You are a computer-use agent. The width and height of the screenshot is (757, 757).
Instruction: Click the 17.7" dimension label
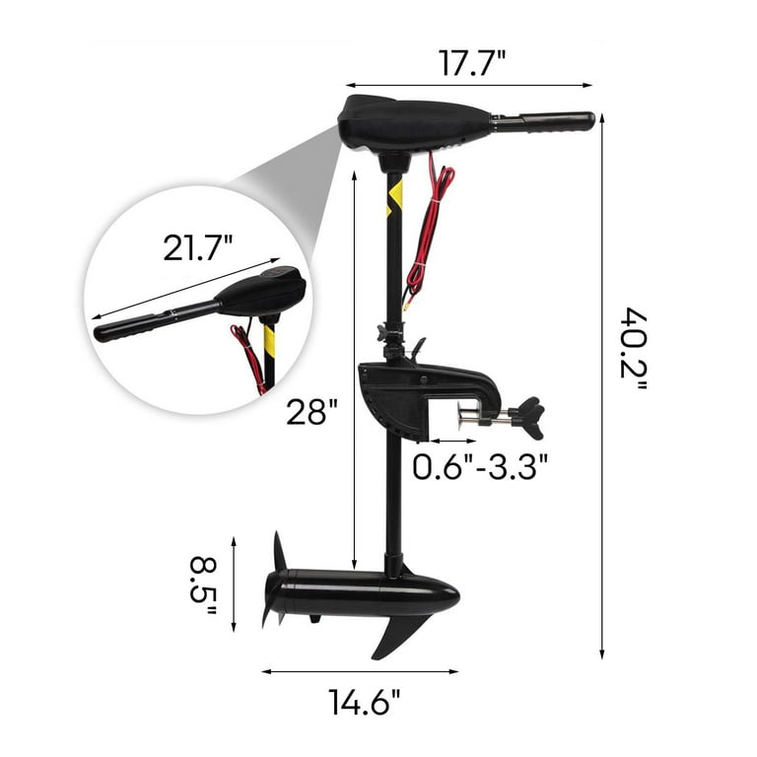[x=472, y=63]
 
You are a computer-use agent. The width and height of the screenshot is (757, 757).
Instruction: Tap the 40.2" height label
[x=634, y=349]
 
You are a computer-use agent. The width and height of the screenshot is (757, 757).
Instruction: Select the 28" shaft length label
[x=311, y=411]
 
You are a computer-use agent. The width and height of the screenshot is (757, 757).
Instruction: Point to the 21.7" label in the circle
[x=198, y=247]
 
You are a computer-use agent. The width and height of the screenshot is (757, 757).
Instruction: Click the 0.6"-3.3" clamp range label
[x=480, y=466]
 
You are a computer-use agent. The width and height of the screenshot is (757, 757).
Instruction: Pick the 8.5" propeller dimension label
[x=203, y=585]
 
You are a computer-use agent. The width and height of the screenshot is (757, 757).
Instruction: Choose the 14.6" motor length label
[x=365, y=702]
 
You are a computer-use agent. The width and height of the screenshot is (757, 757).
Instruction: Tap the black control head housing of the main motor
[x=414, y=123]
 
